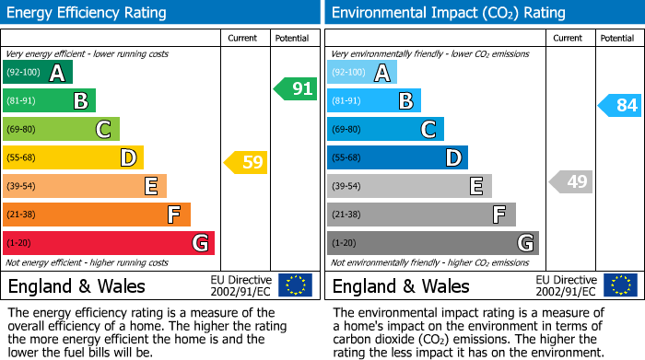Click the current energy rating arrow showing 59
(x=247, y=163)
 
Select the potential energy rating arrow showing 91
(x=296, y=89)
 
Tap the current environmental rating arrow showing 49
(x=571, y=181)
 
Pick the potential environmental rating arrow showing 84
(x=620, y=105)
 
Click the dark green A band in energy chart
(x=37, y=73)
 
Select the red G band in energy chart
(x=109, y=243)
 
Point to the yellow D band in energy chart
(x=73, y=158)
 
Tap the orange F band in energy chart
(x=97, y=215)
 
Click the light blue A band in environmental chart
(x=362, y=73)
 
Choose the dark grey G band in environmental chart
(x=432, y=243)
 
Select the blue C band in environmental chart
(x=385, y=130)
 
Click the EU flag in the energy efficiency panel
(x=295, y=285)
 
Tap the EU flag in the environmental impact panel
(x=620, y=285)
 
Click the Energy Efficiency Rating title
(x=88, y=13)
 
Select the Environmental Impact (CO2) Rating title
(x=448, y=13)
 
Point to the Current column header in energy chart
(x=243, y=38)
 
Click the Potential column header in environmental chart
(x=617, y=38)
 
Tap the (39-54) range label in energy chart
(x=21, y=187)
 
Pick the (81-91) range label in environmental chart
(x=346, y=101)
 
